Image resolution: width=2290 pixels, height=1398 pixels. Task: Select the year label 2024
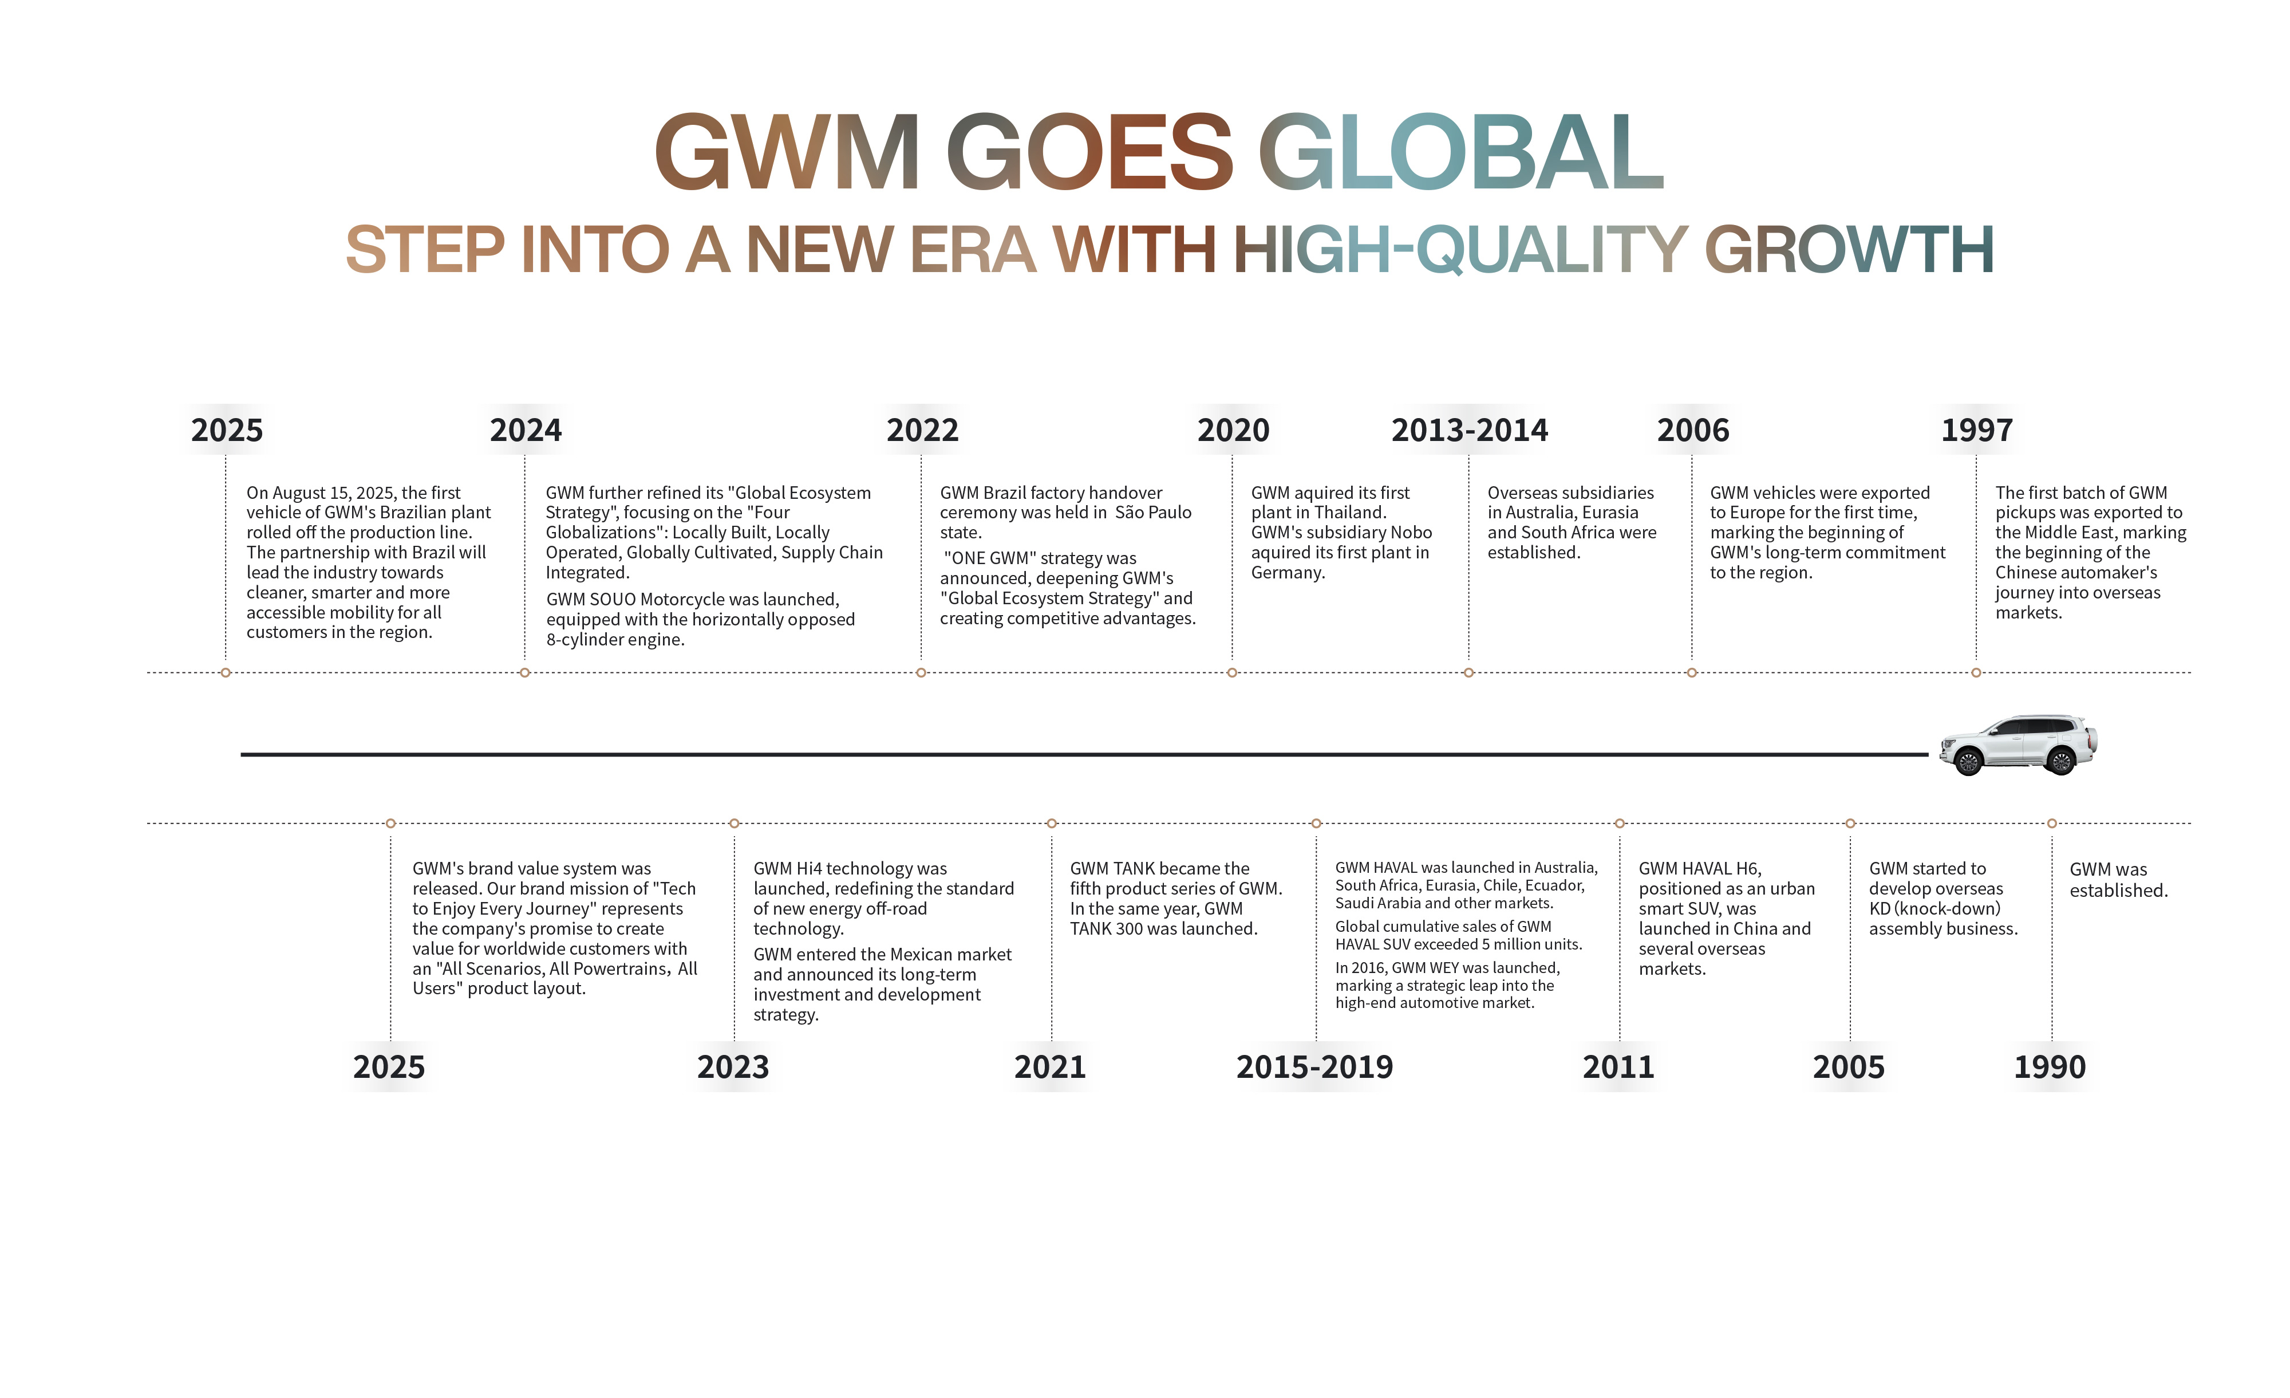526,430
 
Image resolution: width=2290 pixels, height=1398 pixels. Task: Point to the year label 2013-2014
1470,430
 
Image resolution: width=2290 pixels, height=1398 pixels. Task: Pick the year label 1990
2050,1067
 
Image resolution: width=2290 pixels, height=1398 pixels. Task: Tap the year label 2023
733,1067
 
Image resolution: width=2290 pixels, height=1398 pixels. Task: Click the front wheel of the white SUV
1968,763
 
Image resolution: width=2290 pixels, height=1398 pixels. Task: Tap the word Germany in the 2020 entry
1286,573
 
